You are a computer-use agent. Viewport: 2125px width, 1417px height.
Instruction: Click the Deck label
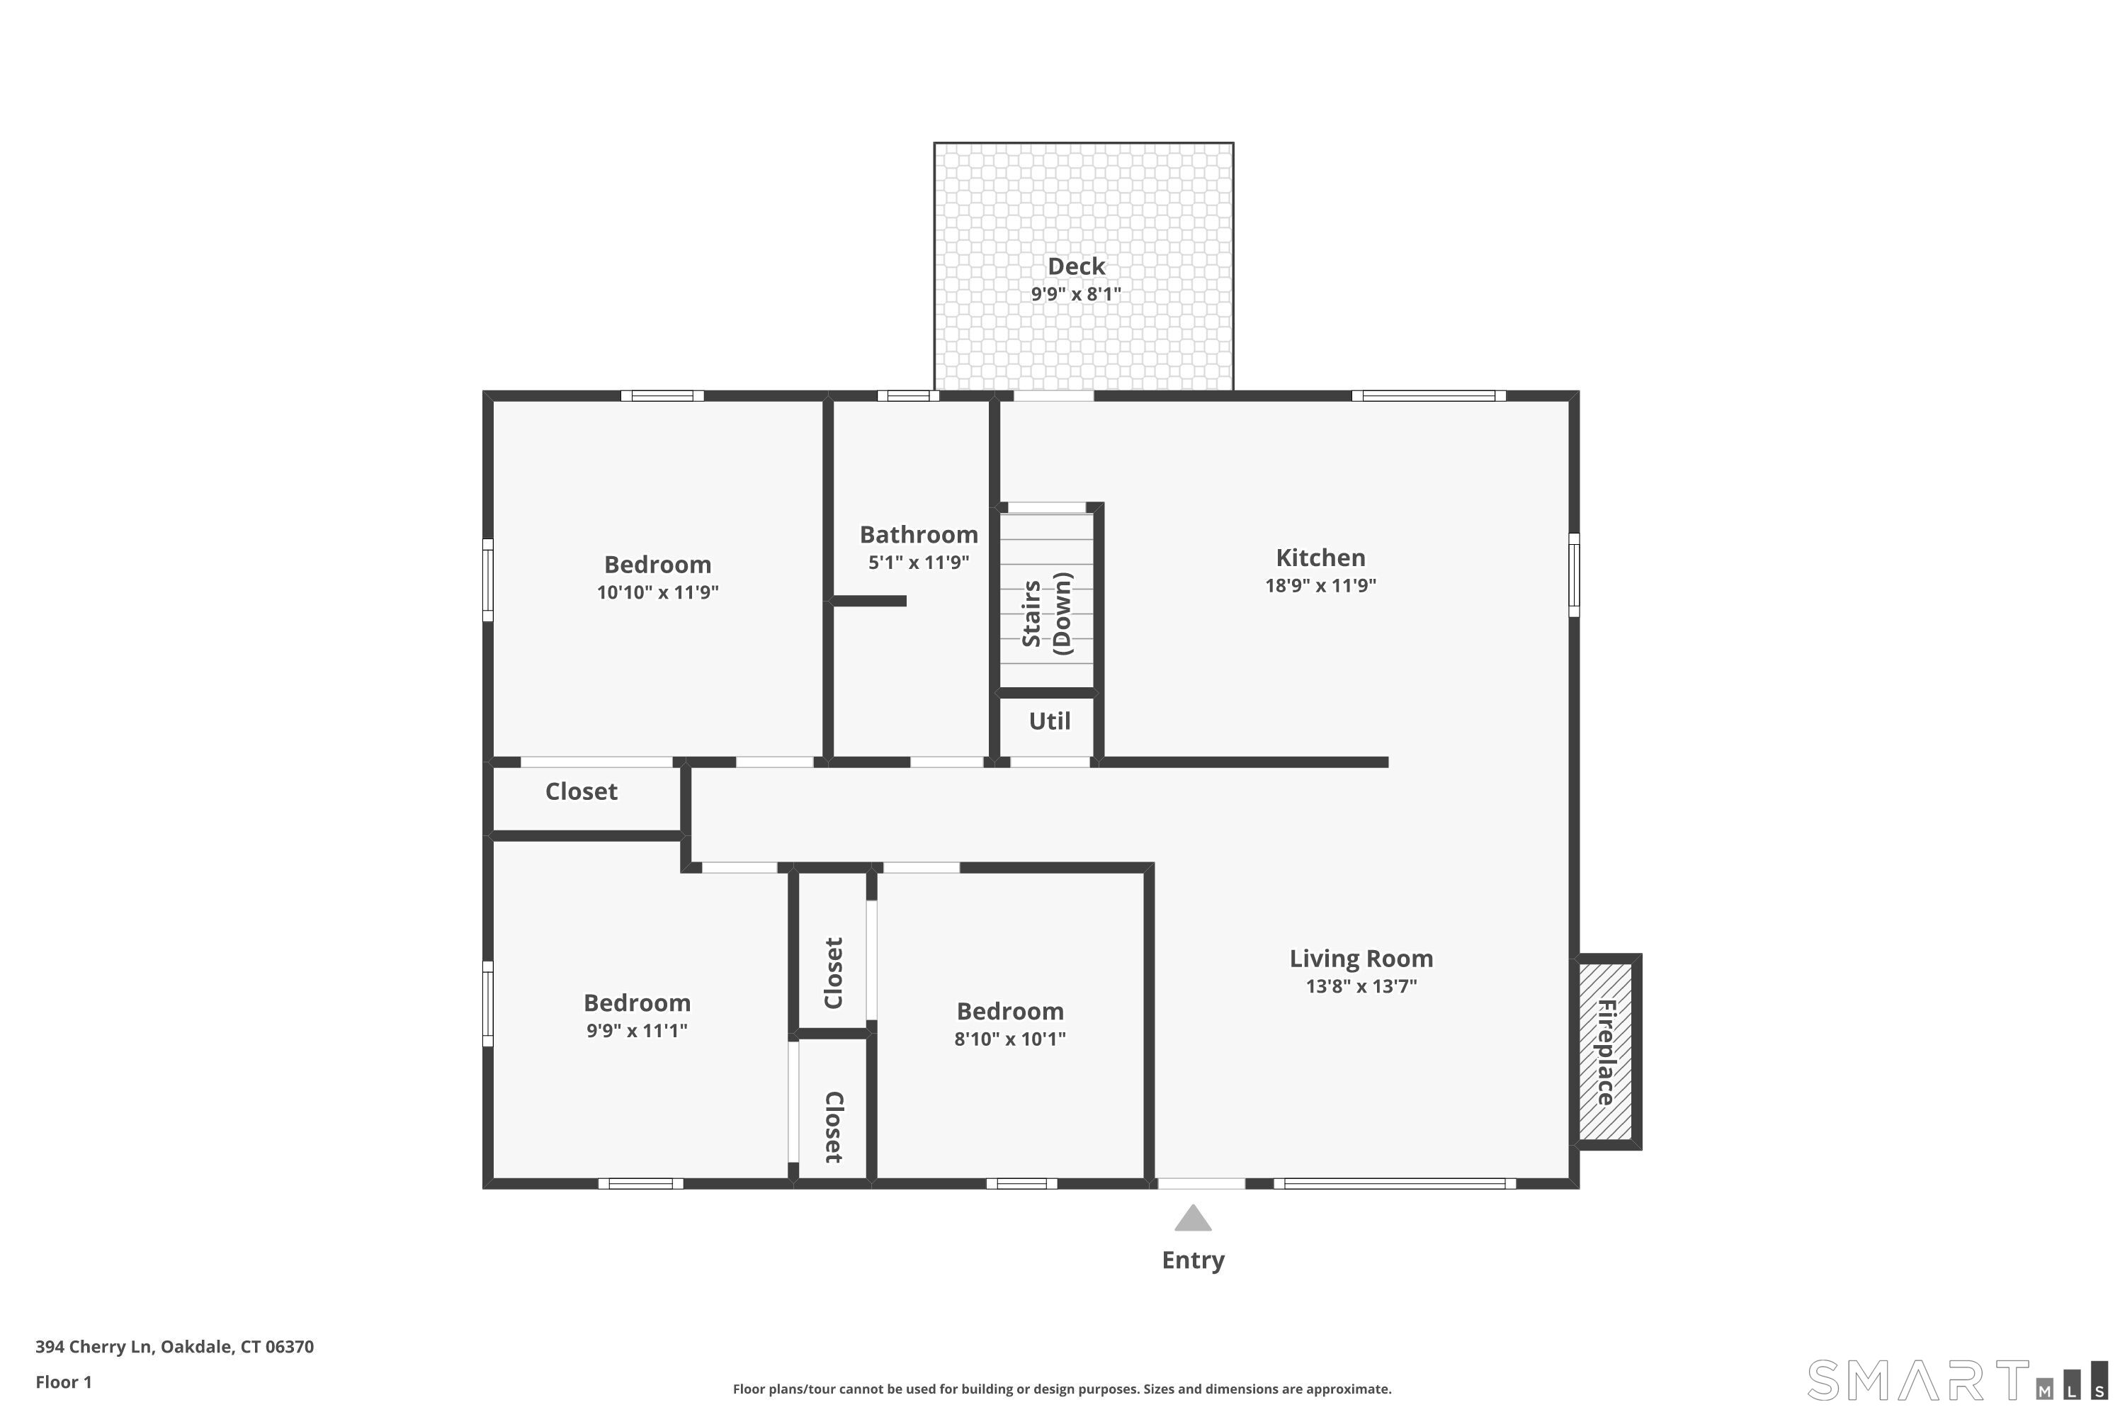pos(1076,266)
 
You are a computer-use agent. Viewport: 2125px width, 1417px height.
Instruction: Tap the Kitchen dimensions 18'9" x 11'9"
pos(1320,586)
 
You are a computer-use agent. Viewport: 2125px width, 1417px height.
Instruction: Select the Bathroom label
pos(919,535)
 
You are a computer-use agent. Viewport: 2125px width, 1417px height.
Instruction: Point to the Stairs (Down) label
pos(1046,613)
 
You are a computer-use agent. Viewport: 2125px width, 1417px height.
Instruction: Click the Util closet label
pos(1049,721)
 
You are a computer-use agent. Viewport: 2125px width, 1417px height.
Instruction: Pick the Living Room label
pos(1361,959)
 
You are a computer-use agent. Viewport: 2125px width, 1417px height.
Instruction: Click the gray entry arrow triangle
pos(1193,1218)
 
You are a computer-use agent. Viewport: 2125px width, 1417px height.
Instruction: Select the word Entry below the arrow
pos(1193,1260)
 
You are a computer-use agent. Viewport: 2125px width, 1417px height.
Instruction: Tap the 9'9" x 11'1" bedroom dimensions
pos(637,1031)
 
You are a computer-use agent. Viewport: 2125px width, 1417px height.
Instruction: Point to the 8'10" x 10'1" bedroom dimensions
pos(1010,1039)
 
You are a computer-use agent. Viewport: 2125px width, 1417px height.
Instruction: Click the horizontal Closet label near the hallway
pos(581,791)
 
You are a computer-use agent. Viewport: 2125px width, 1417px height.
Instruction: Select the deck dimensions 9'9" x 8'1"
pos(1076,295)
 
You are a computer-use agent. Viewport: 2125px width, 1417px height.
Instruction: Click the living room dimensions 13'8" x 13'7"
pos(1361,987)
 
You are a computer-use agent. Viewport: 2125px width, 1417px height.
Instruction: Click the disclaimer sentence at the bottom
pos(1062,1389)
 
